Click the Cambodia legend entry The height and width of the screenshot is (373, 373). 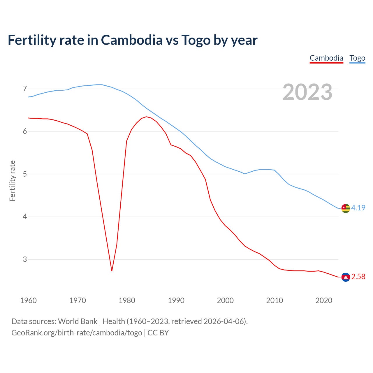click(x=326, y=58)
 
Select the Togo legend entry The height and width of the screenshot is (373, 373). click(x=357, y=58)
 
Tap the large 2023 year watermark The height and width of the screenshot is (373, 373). click(x=307, y=92)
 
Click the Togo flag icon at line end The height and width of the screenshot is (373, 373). click(x=346, y=208)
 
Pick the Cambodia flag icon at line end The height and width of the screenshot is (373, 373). click(x=346, y=277)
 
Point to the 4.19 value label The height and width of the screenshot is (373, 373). click(x=358, y=208)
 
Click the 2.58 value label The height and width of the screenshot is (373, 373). click(x=358, y=277)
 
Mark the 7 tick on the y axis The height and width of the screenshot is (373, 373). click(x=25, y=89)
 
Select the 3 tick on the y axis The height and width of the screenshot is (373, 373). click(x=25, y=259)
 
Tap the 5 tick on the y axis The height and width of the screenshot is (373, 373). click(x=25, y=174)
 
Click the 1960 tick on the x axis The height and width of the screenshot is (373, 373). click(x=28, y=300)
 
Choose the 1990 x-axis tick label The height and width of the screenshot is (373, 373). click(x=176, y=300)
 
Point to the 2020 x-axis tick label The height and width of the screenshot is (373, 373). click(x=324, y=300)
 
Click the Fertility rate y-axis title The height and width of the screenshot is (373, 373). click(x=12, y=181)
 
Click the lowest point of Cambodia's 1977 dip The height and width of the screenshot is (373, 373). click(x=112, y=271)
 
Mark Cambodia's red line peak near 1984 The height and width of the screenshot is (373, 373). click(x=146, y=117)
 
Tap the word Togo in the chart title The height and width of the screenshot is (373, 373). click(x=196, y=40)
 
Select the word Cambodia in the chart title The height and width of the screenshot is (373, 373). click(x=132, y=40)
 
